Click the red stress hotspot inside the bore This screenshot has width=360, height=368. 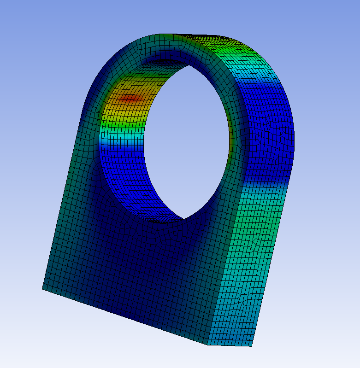coord(131,98)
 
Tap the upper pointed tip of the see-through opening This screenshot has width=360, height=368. coord(188,65)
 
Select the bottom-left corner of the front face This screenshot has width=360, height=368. coord(42,289)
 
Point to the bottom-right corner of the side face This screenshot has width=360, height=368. coord(253,346)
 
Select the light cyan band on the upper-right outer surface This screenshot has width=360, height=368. coord(258,69)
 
